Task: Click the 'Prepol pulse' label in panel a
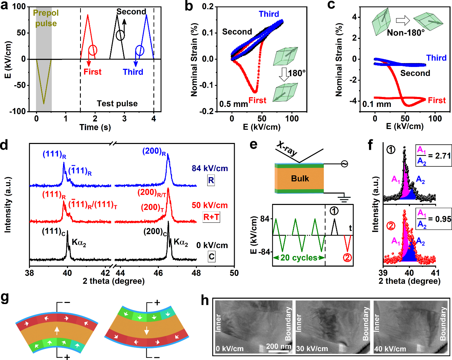pyautogui.click(x=46, y=18)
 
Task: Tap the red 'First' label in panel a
pyautogui.click(x=92, y=72)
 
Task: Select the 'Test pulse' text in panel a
pyautogui.click(x=117, y=104)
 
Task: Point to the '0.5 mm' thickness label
pyautogui.click(x=234, y=104)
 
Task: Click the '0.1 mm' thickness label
pyautogui.click(x=377, y=104)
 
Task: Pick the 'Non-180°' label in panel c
pyautogui.click(x=406, y=33)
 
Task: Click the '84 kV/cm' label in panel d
pyautogui.click(x=209, y=168)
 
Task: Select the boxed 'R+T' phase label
pyautogui.click(x=211, y=217)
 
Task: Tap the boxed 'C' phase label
pyautogui.click(x=212, y=257)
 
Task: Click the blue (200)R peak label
pyautogui.click(x=154, y=151)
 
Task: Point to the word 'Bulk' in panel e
pyautogui.click(x=300, y=179)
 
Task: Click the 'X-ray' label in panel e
pyautogui.click(x=287, y=149)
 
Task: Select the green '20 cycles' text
pyautogui.click(x=298, y=258)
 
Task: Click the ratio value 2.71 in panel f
pyautogui.click(x=443, y=156)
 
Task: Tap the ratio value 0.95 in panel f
pyautogui.click(x=443, y=219)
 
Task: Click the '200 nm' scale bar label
pyautogui.click(x=279, y=346)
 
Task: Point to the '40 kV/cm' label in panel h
pyautogui.click(x=390, y=349)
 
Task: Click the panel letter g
pyautogui.click(x=5, y=298)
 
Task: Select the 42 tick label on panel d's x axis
pyautogui.click(x=105, y=273)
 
